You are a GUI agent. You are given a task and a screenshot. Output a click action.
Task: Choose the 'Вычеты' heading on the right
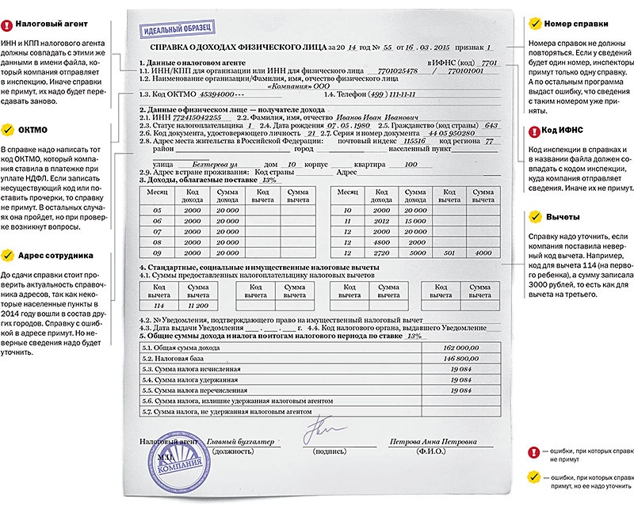tap(563, 216)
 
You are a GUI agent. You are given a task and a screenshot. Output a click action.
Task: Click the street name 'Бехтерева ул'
tap(211, 164)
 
